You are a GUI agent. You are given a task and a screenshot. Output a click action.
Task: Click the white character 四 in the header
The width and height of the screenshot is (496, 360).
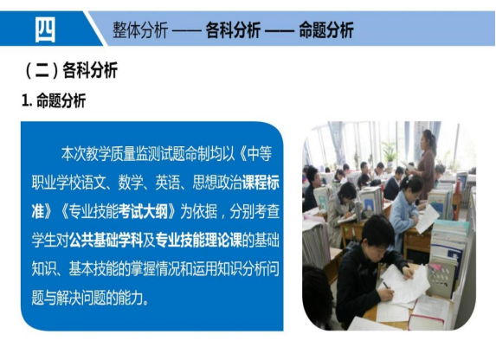45,29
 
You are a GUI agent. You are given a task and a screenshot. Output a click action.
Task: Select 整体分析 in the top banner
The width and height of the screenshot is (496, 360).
140,30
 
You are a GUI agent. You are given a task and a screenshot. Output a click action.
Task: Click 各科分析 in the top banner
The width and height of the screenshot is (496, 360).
233,30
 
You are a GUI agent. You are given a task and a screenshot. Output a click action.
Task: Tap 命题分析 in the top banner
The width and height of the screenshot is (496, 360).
326,30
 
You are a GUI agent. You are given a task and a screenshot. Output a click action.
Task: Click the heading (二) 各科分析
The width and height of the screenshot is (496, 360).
71,70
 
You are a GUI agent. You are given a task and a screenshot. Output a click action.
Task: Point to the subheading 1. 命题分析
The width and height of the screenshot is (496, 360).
54,101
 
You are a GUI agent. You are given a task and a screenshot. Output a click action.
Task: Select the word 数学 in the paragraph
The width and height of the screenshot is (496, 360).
131,183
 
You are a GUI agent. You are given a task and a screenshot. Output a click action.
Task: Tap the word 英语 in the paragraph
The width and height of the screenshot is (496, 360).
168,183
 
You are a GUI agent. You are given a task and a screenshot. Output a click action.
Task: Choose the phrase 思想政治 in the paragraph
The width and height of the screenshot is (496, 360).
217,183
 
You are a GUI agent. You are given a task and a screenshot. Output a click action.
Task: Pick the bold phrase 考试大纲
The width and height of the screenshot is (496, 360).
143,211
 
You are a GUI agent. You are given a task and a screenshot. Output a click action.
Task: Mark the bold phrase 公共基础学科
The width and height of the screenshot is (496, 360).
106,240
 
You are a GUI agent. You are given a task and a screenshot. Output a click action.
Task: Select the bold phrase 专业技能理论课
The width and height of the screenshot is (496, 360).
198,240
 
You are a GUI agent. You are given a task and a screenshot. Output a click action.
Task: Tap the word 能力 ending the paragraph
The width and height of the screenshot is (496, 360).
131,298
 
